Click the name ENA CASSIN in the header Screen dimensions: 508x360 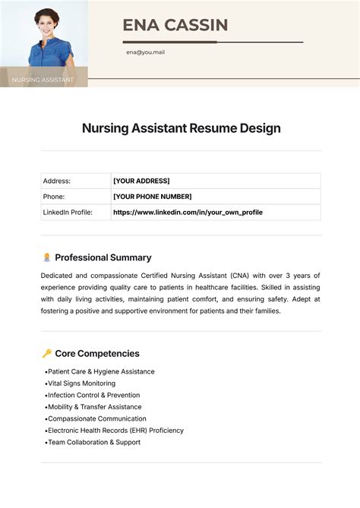click(x=175, y=25)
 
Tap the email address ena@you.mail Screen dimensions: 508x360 click(x=145, y=52)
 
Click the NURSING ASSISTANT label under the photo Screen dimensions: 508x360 click(x=43, y=79)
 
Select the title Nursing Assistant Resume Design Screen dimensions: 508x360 click(x=181, y=128)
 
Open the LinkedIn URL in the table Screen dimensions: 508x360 click(x=188, y=213)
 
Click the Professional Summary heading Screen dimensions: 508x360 click(x=103, y=257)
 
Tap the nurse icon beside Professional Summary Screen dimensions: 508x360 click(x=46, y=257)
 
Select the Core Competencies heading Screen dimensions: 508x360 click(x=97, y=353)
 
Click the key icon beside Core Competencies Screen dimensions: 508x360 click(x=46, y=353)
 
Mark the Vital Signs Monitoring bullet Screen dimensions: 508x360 click(x=81, y=383)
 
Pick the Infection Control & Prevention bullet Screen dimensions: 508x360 click(x=93, y=395)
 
